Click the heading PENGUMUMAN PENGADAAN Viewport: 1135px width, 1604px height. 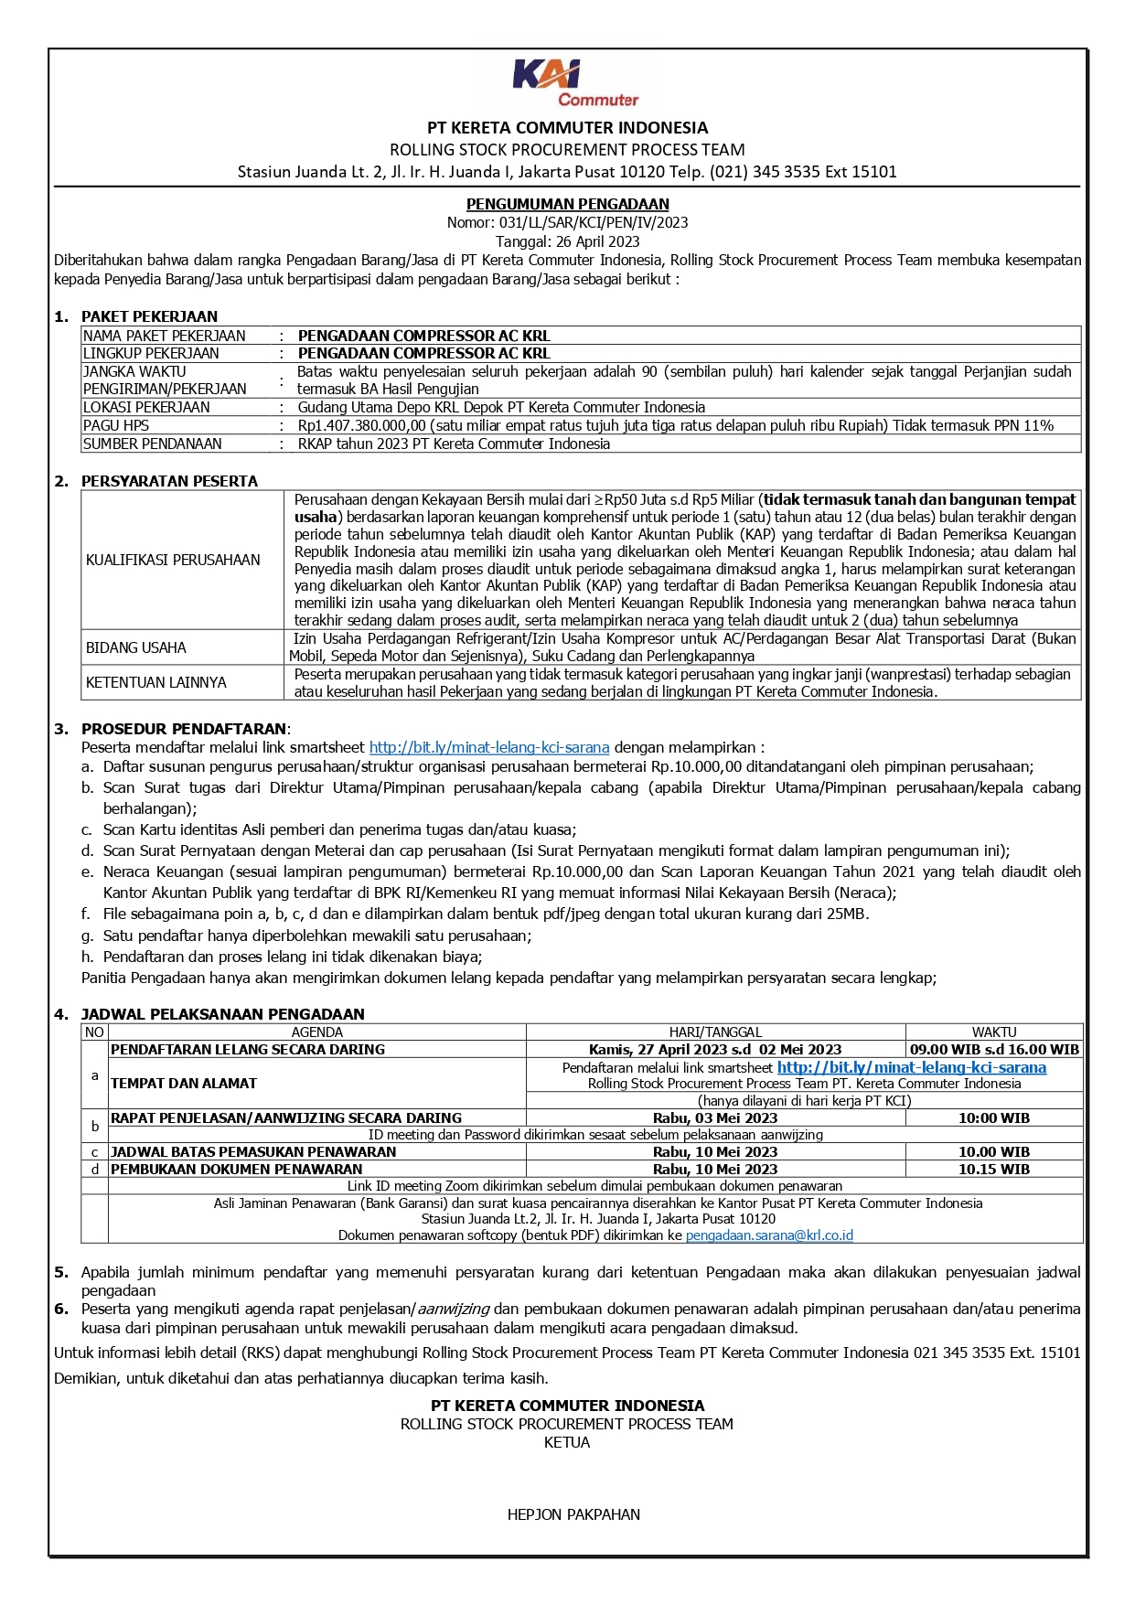click(567, 204)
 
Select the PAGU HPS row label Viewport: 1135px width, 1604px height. click(116, 425)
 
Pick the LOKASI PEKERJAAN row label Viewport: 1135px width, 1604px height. click(146, 407)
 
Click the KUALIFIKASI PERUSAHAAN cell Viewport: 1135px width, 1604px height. click(173, 560)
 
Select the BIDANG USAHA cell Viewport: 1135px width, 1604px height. click(135, 647)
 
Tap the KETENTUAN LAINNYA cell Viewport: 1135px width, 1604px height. click(155, 682)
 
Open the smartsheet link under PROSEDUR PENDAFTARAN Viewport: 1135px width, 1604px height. click(488, 747)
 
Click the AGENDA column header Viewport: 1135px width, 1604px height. click(316, 1032)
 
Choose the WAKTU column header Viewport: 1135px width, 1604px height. click(993, 1032)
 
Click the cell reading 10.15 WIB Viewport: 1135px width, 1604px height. click(993, 1169)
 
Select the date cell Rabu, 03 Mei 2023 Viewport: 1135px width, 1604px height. click(715, 1117)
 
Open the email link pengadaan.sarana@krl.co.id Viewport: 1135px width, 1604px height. click(769, 1235)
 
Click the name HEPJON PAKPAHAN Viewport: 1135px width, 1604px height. click(573, 1514)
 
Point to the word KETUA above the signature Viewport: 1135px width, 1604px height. click(567, 1442)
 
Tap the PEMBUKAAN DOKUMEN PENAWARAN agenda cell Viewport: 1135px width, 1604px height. click(236, 1169)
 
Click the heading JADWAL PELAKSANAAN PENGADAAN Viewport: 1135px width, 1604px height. click(222, 1013)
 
